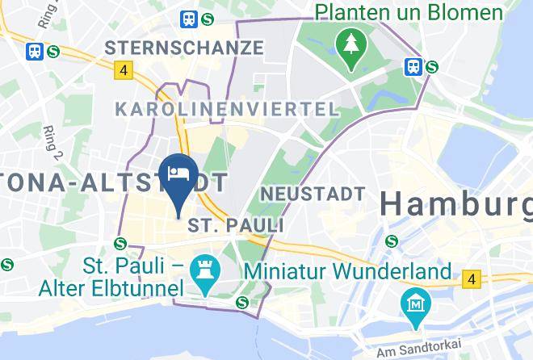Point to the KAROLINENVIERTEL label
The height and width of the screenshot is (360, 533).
(x=227, y=109)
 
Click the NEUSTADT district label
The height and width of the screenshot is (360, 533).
(x=313, y=194)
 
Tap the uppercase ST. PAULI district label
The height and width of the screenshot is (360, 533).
(x=236, y=224)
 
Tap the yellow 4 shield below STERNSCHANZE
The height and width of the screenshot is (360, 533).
(x=123, y=70)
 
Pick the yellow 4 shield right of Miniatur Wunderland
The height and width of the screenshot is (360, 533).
(x=471, y=280)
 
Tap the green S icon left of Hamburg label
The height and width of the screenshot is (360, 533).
(x=392, y=240)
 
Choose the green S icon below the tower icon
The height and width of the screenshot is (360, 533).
(x=241, y=303)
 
